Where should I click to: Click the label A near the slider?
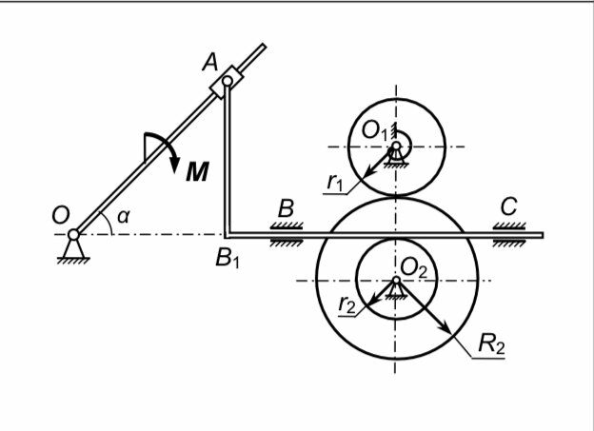tap(211, 63)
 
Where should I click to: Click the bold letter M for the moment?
tap(197, 171)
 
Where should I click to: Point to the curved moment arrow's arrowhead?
tap(174, 167)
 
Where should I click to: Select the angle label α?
tap(123, 218)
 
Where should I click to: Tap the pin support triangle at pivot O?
tap(71, 249)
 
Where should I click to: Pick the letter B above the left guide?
tap(286, 207)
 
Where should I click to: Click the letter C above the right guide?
tap(508, 206)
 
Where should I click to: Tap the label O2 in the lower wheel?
tap(414, 269)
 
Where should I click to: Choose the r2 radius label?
tap(348, 304)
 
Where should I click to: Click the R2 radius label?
tap(491, 343)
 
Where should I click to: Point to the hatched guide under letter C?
tap(511, 225)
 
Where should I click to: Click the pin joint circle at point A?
tap(228, 83)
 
